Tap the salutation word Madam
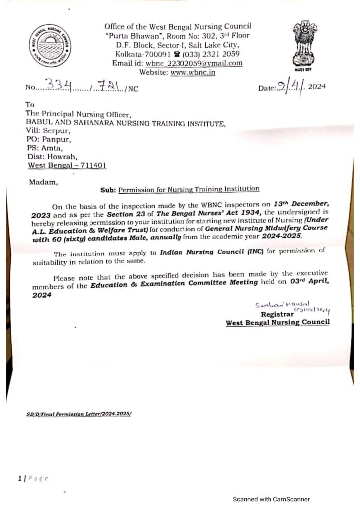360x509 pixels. pos(44,182)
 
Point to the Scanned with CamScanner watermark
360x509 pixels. pos(271,499)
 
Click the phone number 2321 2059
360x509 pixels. pos(219,54)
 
